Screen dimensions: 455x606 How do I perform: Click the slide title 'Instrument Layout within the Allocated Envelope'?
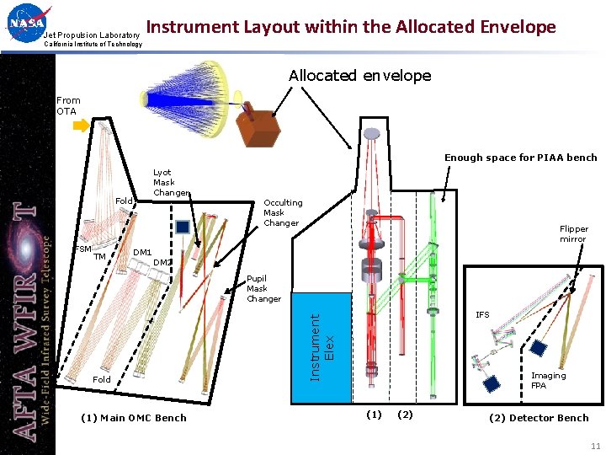click(351, 27)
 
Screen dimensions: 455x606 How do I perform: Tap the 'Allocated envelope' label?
click(359, 76)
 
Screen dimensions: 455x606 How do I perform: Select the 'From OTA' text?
click(68, 105)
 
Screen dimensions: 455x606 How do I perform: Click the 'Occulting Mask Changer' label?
click(283, 212)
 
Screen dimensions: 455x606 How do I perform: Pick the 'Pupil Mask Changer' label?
click(263, 288)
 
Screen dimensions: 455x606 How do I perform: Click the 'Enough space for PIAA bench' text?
click(520, 158)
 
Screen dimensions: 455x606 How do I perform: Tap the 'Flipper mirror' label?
click(574, 233)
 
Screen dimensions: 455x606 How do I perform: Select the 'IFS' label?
click(482, 315)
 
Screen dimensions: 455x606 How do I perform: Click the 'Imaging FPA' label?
click(548, 381)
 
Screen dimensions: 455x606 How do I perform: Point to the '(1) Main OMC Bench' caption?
click(133, 418)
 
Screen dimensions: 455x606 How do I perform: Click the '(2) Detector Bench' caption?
click(539, 418)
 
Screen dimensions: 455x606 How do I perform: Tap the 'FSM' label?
click(82, 249)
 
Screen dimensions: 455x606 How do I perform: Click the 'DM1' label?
click(142, 253)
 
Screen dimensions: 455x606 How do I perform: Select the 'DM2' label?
click(162, 262)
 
